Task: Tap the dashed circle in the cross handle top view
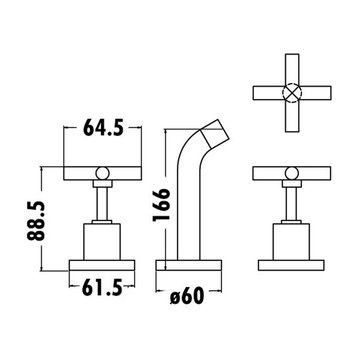[x=292, y=93]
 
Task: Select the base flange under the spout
[x=189, y=265]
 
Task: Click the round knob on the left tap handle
[x=102, y=173]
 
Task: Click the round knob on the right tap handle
[x=292, y=173]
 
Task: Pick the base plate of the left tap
[x=102, y=265]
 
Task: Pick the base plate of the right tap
[x=291, y=265]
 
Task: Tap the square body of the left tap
[x=102, y=242]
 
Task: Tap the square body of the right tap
[x=291, y=242]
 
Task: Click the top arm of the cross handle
[x=292, y=68]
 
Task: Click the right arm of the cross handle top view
[x=316, y=93]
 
